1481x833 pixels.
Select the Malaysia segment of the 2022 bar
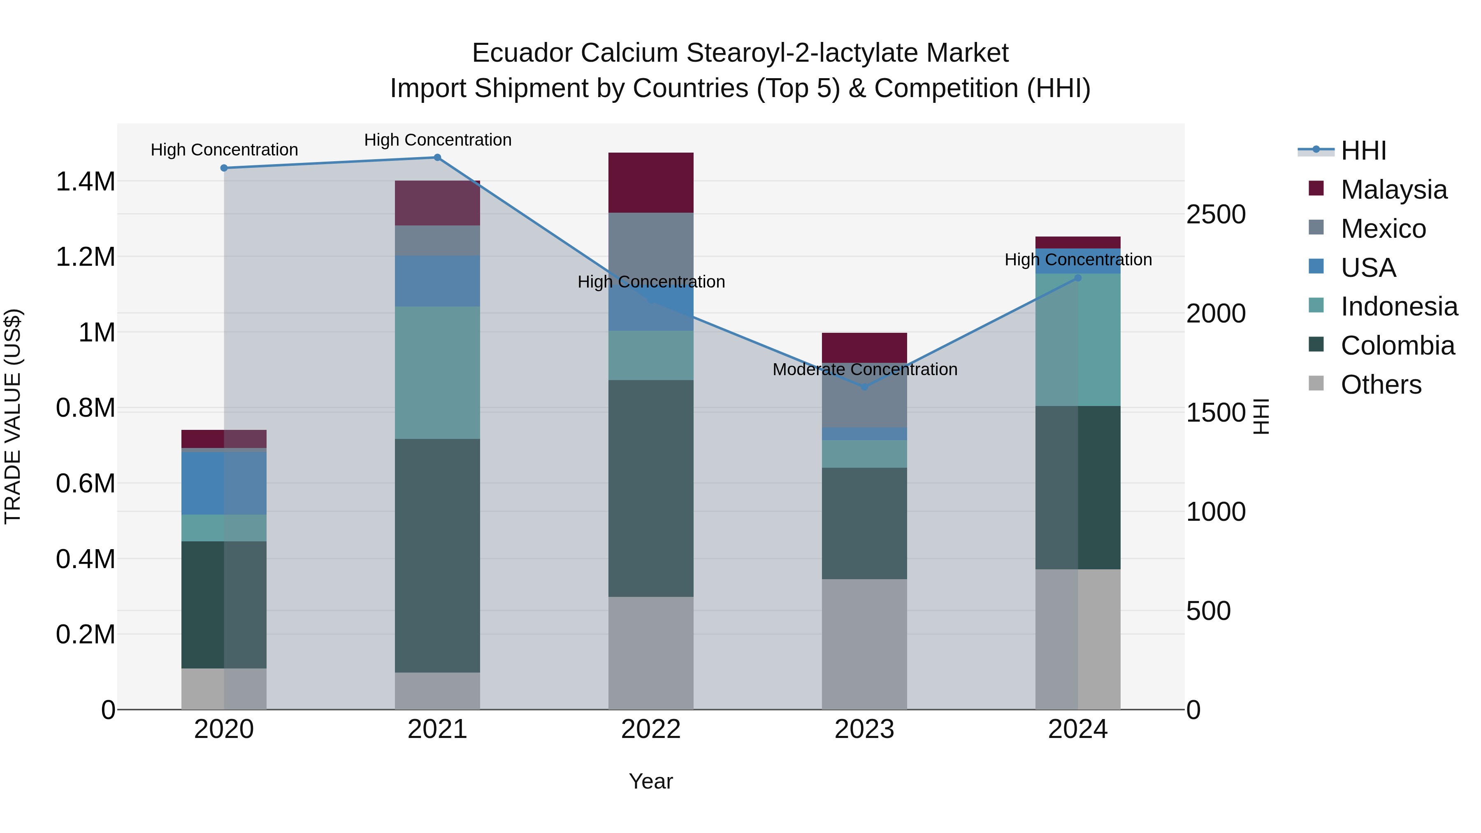[651, 183]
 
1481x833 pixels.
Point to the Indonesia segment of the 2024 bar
[1078, 339]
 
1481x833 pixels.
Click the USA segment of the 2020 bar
[224, 483]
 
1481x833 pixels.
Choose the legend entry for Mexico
[1383, 229]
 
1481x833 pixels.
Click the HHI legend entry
[1363, 151]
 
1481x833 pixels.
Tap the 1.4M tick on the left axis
[85, 182]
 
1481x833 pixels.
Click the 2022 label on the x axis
[651, 729]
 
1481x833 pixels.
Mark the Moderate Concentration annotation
[865, 369]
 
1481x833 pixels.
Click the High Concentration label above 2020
[224, 149]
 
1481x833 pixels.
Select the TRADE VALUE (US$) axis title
[13, 416]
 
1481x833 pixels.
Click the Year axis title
[651, 781]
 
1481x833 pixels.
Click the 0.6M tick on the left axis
[85, 483]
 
